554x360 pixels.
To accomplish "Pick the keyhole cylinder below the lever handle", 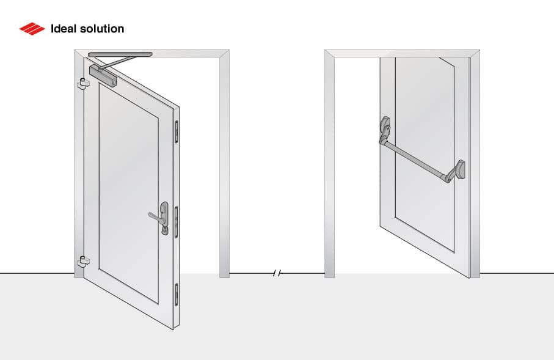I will click(x=164, y=230).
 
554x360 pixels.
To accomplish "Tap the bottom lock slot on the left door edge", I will click(x=177, y=294).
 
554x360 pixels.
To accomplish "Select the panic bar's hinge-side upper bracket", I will click(x=385, y=128).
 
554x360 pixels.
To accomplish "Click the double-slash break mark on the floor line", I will click(x=277, y=273).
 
